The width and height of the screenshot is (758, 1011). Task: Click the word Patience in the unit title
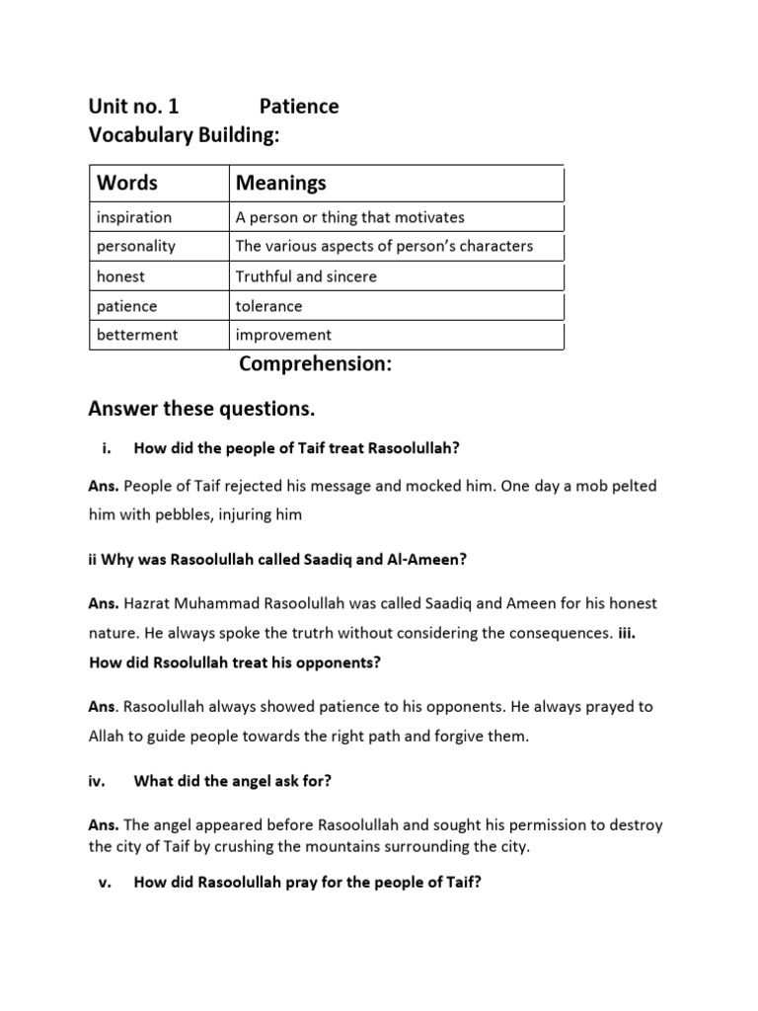299,107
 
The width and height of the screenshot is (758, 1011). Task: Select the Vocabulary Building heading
185,136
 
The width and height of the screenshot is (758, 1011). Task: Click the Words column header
127,183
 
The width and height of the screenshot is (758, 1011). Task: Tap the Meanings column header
280,183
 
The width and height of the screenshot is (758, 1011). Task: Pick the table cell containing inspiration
134,217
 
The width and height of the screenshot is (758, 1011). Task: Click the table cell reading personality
136,246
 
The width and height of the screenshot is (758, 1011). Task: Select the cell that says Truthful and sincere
306,276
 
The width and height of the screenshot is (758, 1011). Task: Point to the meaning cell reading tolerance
268,306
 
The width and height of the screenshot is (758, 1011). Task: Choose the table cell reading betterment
137,335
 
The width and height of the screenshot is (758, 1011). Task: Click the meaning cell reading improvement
283,335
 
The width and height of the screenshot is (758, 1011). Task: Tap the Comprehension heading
316,365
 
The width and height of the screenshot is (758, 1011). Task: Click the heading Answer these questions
201,409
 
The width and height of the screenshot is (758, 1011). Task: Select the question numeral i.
106,448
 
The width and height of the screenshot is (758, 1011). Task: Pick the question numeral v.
104,883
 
